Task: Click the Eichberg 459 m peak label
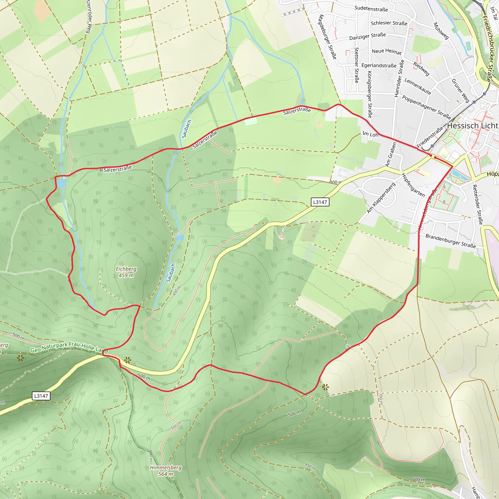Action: point(126,272)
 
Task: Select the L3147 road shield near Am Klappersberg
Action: point(320,202)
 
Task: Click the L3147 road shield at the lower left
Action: point(41,396)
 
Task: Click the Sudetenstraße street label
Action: point(371,9)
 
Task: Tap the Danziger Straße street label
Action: point(367,36)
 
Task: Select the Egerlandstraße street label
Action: point(379,65)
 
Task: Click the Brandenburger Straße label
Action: point(451,241)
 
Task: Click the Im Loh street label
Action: point(370,134)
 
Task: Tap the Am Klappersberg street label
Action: point(381,198)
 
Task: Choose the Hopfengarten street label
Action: point(413,185)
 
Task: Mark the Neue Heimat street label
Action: point(387,51)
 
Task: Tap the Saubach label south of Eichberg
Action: point(171,273)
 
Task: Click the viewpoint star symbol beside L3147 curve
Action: point(127,360)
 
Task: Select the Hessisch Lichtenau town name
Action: point(473,126)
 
